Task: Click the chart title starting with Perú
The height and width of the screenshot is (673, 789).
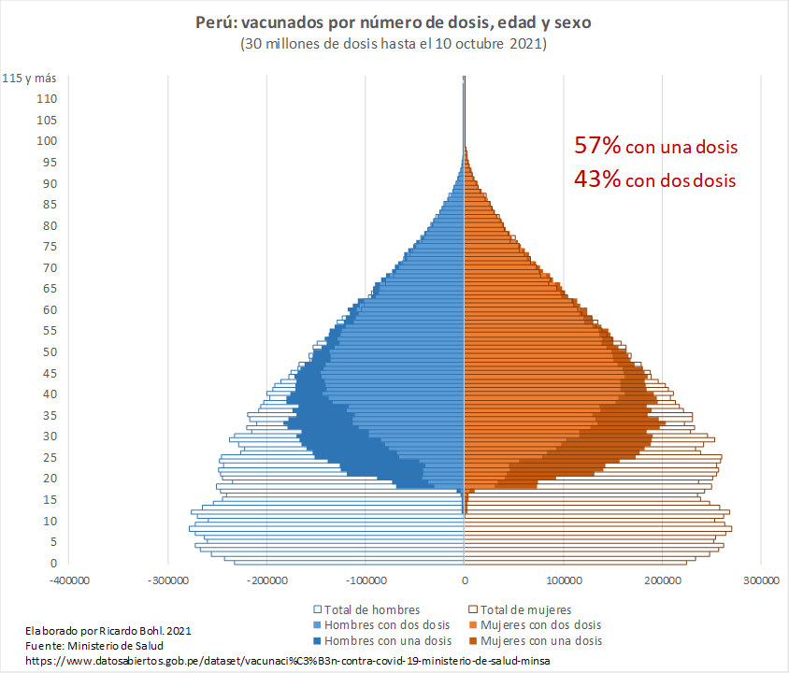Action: point(394,21)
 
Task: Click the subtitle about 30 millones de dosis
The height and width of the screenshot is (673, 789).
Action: point(394,44)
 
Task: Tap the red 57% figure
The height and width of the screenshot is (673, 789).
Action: point(597,146)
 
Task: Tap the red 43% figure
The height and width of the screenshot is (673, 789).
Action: point(597,179)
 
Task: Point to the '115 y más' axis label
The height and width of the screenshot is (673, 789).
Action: point(29,78)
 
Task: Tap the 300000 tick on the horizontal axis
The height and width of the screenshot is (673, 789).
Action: point(761,580)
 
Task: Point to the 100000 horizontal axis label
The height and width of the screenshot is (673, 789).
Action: point(564,580)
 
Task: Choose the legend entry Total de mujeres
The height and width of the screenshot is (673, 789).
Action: point(529,609)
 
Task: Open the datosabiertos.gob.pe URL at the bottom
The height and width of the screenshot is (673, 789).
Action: point(288,661)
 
